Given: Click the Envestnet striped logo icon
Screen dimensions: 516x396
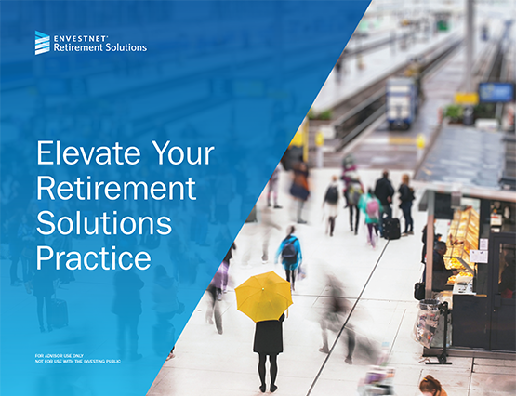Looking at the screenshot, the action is point(43,43).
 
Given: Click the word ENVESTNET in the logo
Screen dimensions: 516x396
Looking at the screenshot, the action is point(80,38).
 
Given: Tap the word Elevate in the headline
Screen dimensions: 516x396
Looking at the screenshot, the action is point(88,153).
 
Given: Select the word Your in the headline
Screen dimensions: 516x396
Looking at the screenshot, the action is point(183,153).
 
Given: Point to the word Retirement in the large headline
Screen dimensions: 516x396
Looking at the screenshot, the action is point(116,188).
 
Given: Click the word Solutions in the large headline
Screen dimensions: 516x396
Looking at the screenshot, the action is point(104,223).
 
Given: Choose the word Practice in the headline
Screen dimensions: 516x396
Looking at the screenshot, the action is point(94,257).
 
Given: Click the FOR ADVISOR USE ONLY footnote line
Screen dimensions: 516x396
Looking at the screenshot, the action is point(60,356).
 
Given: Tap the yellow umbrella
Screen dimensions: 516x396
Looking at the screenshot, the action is point(264,296).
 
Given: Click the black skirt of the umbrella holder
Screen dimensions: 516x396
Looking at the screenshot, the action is point(268,337).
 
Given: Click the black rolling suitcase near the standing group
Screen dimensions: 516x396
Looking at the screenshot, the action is point(390,229).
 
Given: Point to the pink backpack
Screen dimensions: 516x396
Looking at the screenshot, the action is point(373,208).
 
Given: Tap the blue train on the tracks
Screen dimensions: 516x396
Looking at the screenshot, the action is point(402,103).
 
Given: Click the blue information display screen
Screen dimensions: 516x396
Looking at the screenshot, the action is point(496,92).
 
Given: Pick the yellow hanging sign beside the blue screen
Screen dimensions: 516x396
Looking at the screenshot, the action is point(466,98).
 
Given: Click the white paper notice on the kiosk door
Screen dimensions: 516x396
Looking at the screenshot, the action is point(479,257).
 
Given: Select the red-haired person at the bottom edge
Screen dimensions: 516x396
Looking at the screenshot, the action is point(432,386).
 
